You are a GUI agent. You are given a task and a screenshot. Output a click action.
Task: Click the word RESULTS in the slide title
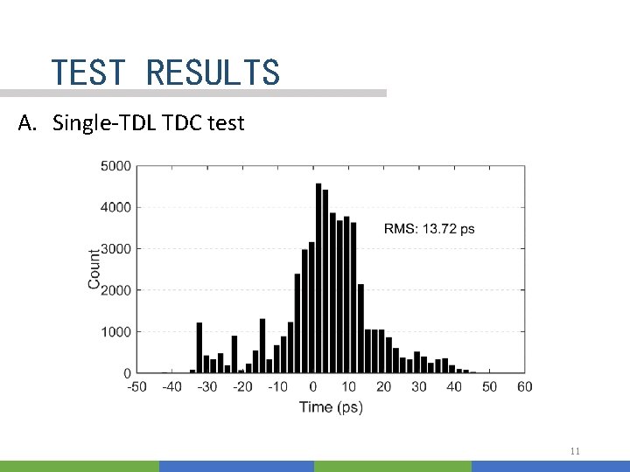[x=213, y=72]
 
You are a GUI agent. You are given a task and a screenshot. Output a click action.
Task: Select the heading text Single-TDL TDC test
[x=149, y=123]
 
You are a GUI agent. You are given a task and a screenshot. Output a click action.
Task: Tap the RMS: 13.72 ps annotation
[x=430, y=229]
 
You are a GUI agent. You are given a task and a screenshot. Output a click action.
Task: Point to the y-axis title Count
[x=94, y=269]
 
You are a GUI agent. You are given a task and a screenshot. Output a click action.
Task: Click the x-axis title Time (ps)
[x=331, y=406]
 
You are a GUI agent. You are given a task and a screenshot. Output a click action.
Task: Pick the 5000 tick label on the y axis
[x=116, y=166]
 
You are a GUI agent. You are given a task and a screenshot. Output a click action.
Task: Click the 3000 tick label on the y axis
[x=116, y=249]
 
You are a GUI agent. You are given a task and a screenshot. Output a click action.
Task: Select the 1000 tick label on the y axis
[x=116, y=332]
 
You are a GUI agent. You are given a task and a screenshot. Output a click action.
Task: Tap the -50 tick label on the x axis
[x=136, y=386]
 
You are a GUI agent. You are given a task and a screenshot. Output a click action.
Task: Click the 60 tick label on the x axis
[x=525, y=386]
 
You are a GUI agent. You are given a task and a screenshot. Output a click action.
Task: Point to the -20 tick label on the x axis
[x=242, y=386]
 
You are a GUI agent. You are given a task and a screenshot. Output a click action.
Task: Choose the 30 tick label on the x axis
[x=419, y=386]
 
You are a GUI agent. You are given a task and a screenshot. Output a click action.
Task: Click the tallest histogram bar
[x=318, y=280]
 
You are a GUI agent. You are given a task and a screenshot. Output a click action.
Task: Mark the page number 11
[x=575, y=451]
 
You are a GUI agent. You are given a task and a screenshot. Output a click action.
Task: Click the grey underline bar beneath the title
[x=192, y=93]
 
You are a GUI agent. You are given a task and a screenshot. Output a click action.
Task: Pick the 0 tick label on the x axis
[x=313, y=386]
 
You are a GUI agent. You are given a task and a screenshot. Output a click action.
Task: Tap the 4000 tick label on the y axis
[x=116, y=207]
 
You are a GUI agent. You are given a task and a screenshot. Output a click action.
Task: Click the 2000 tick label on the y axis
[x=116, y=290]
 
